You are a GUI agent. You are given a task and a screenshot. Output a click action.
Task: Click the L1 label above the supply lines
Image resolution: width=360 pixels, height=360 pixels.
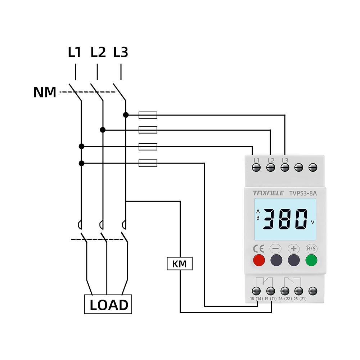pyautogui.click(x=75, y=53)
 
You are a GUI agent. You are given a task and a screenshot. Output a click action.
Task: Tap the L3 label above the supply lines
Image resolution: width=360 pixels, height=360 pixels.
pyautogui.click(x=121, y=53)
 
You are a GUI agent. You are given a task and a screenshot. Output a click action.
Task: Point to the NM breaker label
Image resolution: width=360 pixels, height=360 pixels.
pyautogui.click(x=45, y=93)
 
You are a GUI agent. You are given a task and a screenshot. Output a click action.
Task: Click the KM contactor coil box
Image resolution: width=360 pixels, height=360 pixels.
pyautogui.click(x=180, y=264)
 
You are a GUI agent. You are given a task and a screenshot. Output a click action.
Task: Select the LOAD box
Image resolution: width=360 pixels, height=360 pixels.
pyautogui.click(x=108, y=305)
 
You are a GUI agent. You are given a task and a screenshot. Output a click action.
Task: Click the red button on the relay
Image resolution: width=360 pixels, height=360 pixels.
pyautogui.click(x=259, y=260)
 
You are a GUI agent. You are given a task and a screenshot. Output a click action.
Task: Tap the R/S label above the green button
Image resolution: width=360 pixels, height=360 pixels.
pyautogui.click(x=311, y=248)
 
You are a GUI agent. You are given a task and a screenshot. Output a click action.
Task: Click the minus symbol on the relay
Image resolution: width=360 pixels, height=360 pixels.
pyautogui.click(x=276, y=248)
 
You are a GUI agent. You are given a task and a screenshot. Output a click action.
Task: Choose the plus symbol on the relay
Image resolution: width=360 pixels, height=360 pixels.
pyautogui.click(x=294, y=248)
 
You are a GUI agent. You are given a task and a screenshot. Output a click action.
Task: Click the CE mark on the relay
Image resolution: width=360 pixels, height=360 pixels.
pyautogui.click(x=259, y=248)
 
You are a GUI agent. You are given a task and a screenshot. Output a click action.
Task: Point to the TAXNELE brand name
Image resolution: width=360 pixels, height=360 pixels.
pyautogui.click(x=268, y=193)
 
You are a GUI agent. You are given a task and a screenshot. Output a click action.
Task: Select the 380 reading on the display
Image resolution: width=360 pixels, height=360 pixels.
pyautogui.click(x=284, y=219)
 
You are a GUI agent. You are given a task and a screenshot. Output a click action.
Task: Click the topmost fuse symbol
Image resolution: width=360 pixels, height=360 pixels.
pyautogui.click(x=148, y=115)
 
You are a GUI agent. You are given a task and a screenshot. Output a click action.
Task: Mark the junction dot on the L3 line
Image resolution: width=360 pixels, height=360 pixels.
pyautogui.click(x=126, y=115)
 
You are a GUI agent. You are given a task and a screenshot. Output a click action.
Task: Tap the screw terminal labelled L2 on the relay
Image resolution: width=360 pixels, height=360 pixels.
pyautogui.click(x=271, y=167)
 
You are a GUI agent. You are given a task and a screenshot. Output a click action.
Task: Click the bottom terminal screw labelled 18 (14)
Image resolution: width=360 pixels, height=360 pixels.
pyautogui.click(x=257, y=291)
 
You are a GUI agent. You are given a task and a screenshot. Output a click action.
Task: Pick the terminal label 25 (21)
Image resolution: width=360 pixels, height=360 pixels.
pyautogui.click(x=300, y=299)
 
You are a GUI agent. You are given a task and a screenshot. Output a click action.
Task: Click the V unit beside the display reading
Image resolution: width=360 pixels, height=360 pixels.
pyautogui.click(x=312, y=222)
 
